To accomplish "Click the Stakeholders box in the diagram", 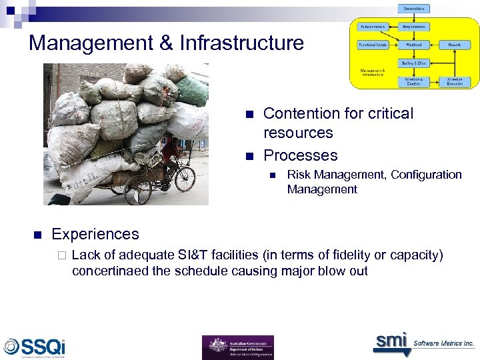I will click(415, 9).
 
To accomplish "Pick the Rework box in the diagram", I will click(455, 45).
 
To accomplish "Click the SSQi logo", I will click(35, 347).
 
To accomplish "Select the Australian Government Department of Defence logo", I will click(237, 347).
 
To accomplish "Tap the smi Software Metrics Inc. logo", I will click(423, 343).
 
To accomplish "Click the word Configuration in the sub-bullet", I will click(426, 175).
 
